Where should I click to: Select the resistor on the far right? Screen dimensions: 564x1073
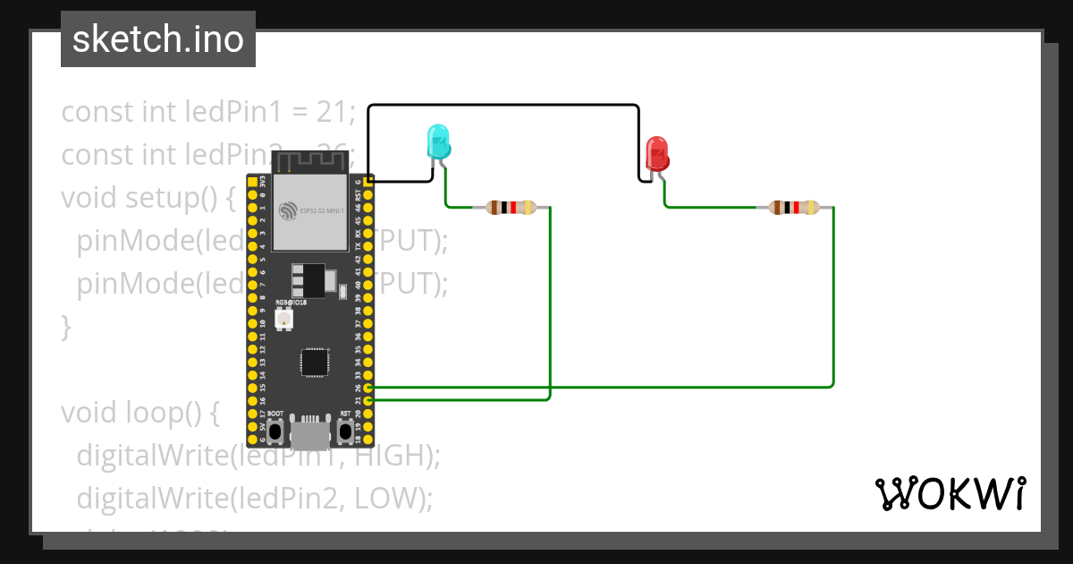pyautogui.click(x=794, y=208)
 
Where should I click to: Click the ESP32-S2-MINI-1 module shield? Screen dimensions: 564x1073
pyautogui.click(x=309, y=212)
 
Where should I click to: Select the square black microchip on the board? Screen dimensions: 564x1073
pyautogui.click(x=315, y=362)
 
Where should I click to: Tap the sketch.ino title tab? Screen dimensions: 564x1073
pyautogui.click(x=158, y=39)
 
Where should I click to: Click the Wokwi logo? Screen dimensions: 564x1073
pyautogui.click(x=949, y=493)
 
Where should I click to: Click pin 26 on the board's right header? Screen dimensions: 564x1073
pyautogui.click(x=368, y=389)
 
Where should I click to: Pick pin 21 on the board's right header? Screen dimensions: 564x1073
pyautogui.click(x=368, y=401)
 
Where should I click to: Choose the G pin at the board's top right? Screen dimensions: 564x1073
pyautogui.click(x=368, y=182)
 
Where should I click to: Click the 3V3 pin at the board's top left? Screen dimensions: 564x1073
pyautogui.click(x=251, y=182)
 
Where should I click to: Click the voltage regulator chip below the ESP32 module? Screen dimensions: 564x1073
pyautogui.click(x=308, y=279)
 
